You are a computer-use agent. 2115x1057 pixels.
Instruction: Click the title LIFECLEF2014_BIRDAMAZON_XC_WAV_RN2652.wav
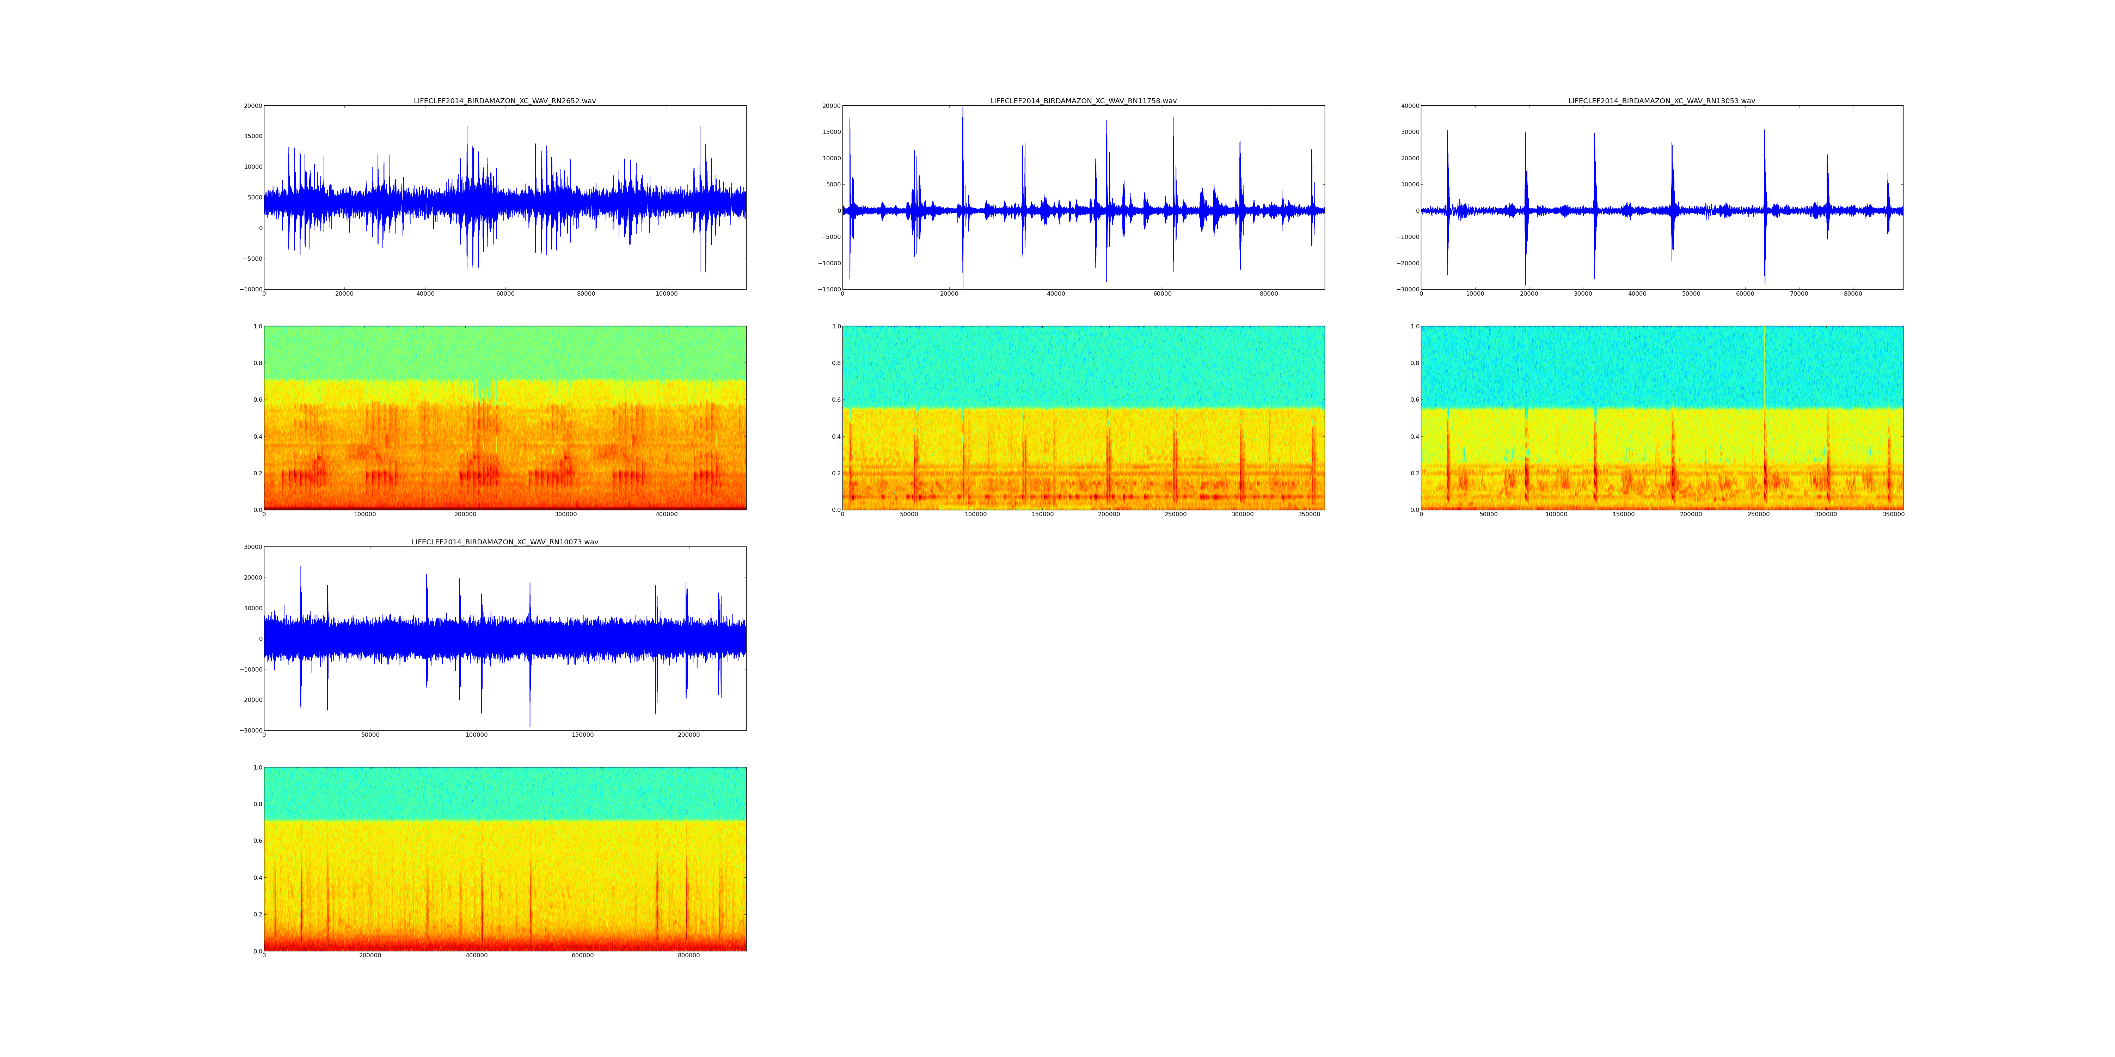504,101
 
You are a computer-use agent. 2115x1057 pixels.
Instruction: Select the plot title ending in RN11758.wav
1083,101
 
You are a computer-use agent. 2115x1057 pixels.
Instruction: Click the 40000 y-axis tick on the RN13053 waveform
1409,106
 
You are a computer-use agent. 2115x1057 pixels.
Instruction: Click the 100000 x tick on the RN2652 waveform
666,294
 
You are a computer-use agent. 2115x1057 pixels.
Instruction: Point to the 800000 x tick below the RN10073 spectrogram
688,955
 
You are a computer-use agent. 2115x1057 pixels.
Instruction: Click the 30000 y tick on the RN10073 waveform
251,548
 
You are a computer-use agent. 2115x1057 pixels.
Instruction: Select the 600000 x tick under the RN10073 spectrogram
582,955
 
